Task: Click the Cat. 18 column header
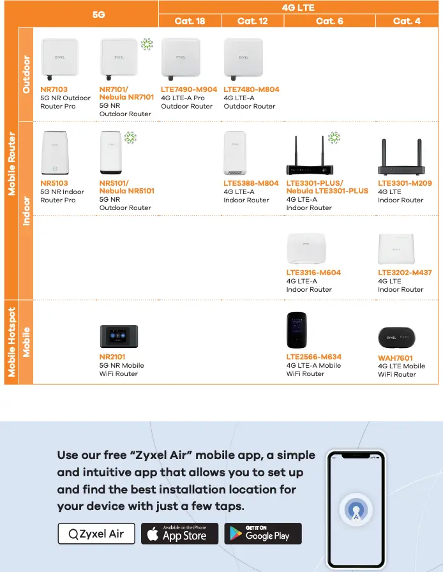tap(190, 21)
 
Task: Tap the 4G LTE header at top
tap(298, 8)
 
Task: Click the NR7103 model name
tap(54, 90)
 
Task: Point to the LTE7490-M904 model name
tap(189, 90)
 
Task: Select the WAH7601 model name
tap(395, 358)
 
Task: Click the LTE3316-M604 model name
tap(313, 273)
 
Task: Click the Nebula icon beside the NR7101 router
tap(147, 44)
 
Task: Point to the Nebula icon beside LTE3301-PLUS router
tap(334, 138)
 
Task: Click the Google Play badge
tap(263, 534)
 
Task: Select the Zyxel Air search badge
tap(96, 534)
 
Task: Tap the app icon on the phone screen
tap(355, 509)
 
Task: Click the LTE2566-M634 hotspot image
tap(296, 331)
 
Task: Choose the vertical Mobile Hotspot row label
tap(11, 342)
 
